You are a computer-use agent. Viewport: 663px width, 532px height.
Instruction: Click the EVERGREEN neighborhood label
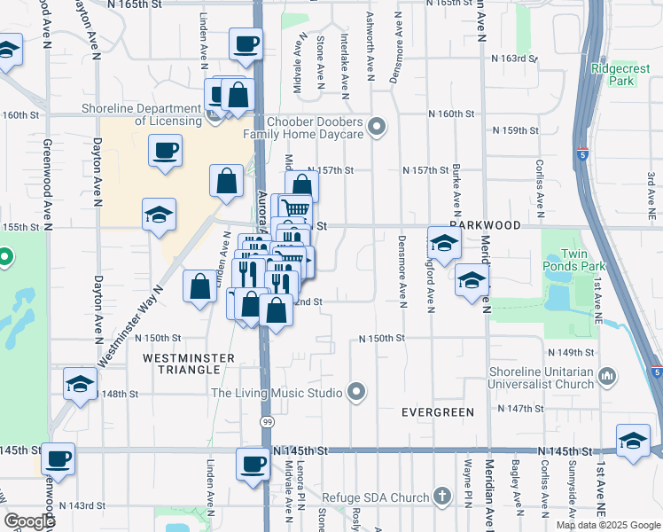[x=438, y=412]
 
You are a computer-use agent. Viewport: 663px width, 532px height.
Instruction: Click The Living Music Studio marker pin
[x=356, y=391]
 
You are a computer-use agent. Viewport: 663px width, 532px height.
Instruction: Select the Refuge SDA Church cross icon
[x=442, y=497]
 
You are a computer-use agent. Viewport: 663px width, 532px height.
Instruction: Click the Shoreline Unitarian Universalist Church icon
[x=608, y=377]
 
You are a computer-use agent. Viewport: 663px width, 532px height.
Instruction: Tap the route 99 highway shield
[x=267, y=423]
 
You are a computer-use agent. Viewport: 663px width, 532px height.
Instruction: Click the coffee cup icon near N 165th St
[x=246, y=43]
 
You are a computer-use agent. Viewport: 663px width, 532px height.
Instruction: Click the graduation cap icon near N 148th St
[x=80, y=384]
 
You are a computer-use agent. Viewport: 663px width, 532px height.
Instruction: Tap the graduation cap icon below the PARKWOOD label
[x=444, y=242]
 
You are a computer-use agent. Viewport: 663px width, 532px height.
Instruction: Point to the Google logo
[x=29, y=521]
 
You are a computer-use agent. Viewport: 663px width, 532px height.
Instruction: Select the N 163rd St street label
[x=515, y=58]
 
